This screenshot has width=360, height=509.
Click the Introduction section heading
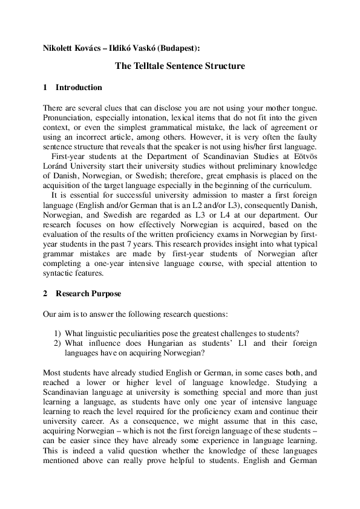point(79,88)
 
